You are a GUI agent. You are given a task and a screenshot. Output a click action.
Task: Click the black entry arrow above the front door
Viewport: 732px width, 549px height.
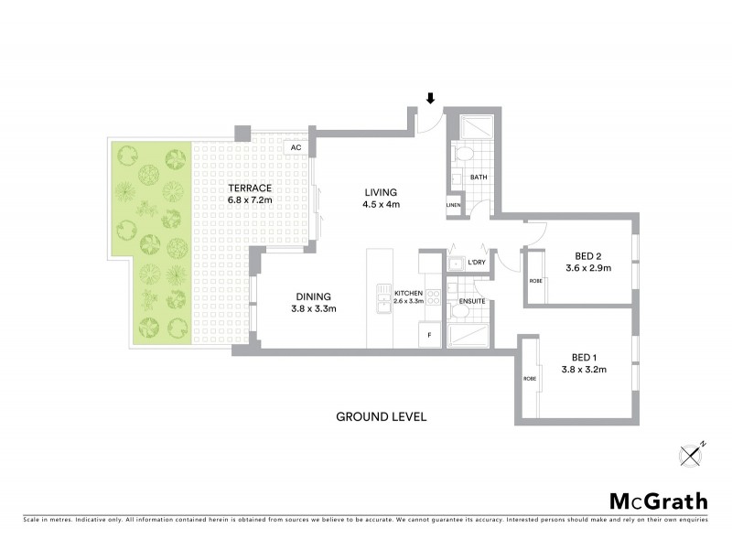(431, 98)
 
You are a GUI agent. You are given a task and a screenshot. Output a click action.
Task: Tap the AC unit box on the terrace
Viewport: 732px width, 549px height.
(295, 147)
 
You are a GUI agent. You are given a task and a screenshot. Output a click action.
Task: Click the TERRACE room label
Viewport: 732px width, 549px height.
(251, 188)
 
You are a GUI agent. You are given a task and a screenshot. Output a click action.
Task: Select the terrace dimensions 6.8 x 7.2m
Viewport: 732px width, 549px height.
(251, 199)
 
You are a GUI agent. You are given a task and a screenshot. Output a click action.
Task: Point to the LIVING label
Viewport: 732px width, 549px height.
(380, 192)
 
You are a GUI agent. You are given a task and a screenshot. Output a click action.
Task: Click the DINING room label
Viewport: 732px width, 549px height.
(313, 296)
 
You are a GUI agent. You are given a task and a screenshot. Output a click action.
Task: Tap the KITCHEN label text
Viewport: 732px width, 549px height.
(408, 292)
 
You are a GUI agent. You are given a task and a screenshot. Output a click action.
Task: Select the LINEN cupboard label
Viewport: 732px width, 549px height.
(453, 206)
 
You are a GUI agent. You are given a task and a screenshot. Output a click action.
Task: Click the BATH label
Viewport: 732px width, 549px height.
(478, 177)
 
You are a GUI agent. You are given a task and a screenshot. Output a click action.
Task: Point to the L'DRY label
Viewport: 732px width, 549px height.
(476, 264)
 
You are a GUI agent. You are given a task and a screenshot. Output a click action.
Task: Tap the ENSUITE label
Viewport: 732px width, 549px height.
(471, 300)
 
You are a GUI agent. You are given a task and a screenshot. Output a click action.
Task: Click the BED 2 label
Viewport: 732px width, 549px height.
(587, 255)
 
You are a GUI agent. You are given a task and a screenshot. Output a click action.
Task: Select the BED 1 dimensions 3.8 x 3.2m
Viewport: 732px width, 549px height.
(584, 371)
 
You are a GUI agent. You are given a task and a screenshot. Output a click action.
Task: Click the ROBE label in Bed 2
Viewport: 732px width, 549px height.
(535, 281)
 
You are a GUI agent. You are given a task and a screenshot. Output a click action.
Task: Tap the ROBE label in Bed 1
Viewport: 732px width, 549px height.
(529, 379)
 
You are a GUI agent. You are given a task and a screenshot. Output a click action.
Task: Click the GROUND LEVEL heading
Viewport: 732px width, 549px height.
(381, 417)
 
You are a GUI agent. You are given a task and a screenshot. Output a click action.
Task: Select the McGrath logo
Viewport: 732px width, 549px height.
(658, 501)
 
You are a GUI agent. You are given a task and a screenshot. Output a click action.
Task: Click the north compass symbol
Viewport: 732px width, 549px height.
(692, 455)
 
